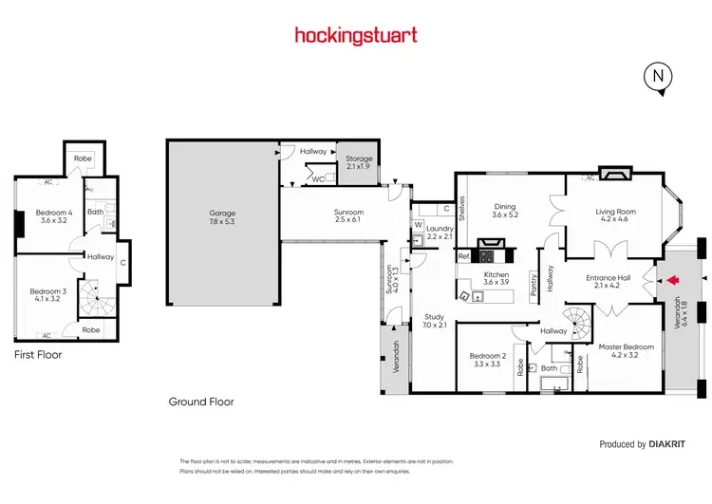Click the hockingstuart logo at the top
pos(356,36)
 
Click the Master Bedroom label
pos(626,351)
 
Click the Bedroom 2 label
pos(488,361)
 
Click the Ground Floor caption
pos(200,401)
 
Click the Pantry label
pos(534,288)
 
